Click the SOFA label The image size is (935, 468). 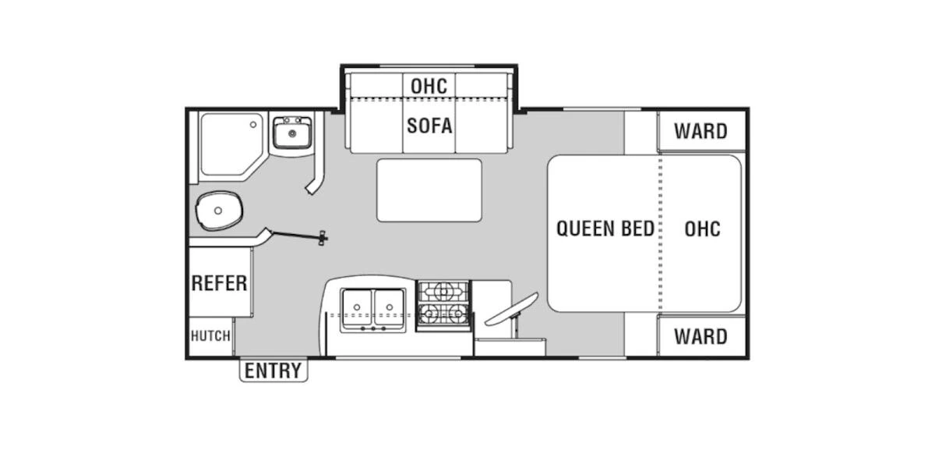[429, 126]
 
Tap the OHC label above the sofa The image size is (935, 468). [429, 86]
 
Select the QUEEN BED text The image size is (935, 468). [605, 229]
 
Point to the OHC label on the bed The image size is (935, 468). [703, 229]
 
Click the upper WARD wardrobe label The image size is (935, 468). [700, 131]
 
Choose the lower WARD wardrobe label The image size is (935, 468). [700, 337]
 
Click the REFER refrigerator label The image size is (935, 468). [219, 283]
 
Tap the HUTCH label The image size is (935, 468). [211, 336]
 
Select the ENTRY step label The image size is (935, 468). [273, 370]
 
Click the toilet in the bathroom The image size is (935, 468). [219, 211]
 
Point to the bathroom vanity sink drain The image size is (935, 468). [292, 133]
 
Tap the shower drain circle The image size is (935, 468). [253, 125]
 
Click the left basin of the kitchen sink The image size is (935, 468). [357, 307]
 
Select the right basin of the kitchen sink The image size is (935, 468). [389, 307]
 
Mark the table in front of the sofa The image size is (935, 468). [429, 190]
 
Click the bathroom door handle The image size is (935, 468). [323, 238]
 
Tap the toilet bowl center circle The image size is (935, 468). [218, 211]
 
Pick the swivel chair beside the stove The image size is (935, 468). [511, 310]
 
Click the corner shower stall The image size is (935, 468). [232, 147]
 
